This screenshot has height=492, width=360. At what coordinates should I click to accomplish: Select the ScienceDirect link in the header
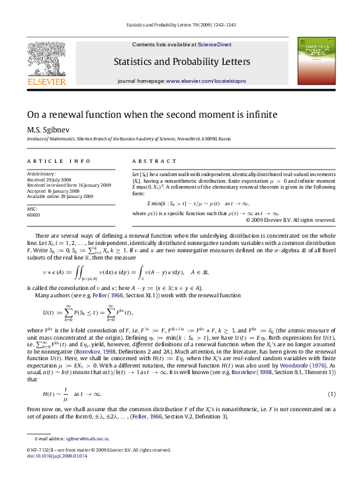point(212,45)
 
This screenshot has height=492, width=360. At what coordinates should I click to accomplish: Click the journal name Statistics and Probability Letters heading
point(180,62)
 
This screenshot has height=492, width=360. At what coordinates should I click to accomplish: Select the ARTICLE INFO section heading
point(50,161)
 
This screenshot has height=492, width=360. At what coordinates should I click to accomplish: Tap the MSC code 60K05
point(34,215)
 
